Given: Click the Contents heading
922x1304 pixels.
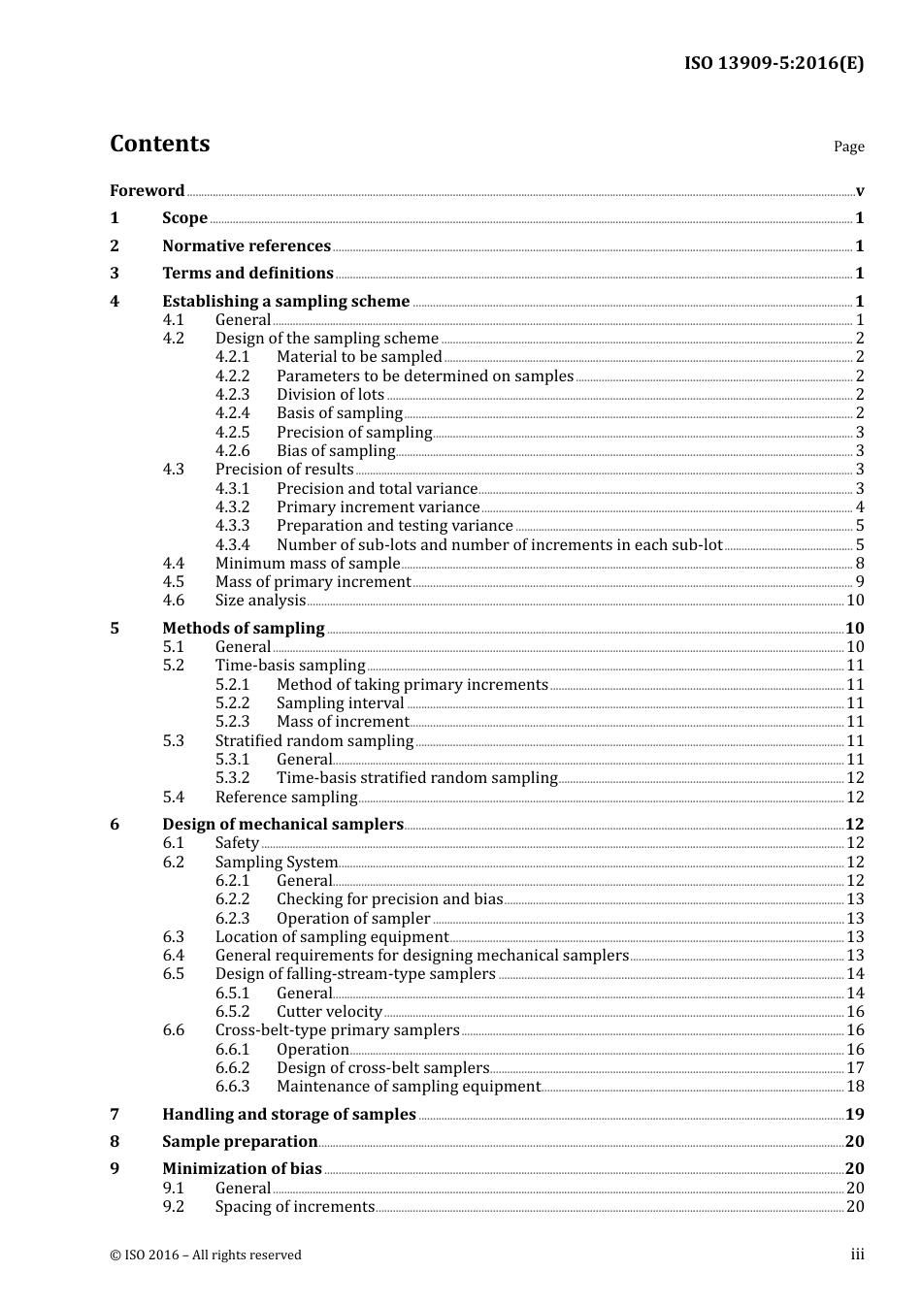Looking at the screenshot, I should coord(159,144).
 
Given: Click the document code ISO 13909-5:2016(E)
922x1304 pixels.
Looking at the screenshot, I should coord(774,63).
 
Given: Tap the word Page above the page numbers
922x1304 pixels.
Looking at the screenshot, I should coord(848,147).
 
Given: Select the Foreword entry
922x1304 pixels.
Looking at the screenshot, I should coord(147,190).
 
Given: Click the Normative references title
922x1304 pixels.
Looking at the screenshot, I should coord(247,245).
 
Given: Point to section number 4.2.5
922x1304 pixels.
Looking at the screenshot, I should coord(232,432).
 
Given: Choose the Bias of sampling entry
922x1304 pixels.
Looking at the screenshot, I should coord(336,450).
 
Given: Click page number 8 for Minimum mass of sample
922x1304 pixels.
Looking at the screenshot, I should coord(859,563).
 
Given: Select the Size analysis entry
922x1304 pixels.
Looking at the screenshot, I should coord(260,600).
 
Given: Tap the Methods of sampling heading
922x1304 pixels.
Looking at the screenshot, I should coord(244,628).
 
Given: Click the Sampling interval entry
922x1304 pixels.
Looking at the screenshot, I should coord(340,702).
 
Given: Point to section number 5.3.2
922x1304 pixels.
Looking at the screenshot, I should coord(232,777).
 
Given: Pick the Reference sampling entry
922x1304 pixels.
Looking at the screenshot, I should coord(286,797).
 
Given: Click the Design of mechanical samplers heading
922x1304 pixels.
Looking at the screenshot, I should coord(282,824).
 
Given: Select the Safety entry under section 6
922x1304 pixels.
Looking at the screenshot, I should coord(237,842).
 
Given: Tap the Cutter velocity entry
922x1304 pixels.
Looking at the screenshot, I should coord(329,1011).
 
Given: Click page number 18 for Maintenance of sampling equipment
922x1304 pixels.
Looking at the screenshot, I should coord(855,1086).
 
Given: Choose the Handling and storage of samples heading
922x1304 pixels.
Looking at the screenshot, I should coord(289,1114).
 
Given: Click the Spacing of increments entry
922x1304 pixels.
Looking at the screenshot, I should coord(295,1206).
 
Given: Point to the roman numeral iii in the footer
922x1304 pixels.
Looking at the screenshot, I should coord(857,1254).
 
